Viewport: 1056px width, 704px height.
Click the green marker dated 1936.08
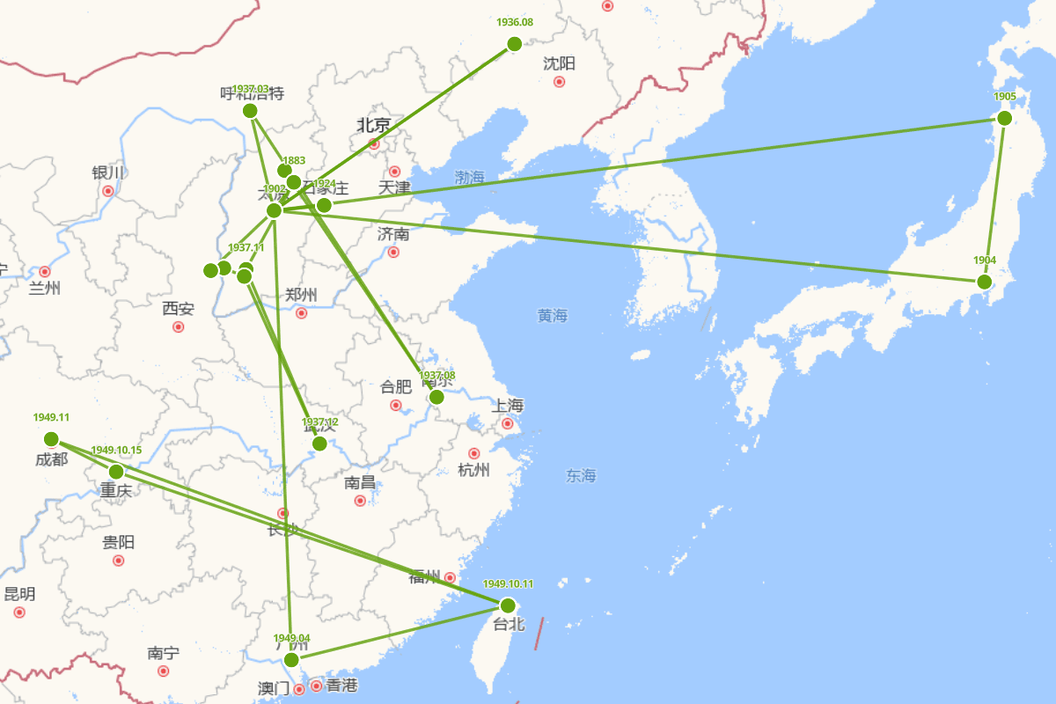tap(515, 44)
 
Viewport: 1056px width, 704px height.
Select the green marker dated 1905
tap(1004, 118)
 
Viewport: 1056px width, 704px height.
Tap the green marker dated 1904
tap(985, 282)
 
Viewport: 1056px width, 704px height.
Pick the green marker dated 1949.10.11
tap(508, 605)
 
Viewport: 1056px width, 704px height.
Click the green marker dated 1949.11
tap(51, 439)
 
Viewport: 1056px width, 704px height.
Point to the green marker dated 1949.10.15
tap(116, 472)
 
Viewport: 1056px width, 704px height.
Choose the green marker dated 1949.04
tap(291, 660)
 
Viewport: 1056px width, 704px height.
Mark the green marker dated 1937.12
tap(319, 444)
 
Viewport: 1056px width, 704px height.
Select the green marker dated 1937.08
tap(436, 398)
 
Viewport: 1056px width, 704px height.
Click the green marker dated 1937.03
tap(250, 111)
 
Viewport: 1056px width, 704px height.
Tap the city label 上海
tap(508, 406)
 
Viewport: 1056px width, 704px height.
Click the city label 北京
tap(373, 125)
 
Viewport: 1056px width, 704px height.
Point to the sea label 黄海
tap(553, 316)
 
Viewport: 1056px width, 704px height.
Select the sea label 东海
tap(581, 476)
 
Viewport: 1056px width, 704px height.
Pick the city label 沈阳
tap(559, 63)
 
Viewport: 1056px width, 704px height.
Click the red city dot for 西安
tap(179, 326)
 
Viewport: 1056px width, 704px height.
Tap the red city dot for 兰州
tap(45, 271)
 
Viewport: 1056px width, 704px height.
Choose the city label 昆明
tap(19, 594)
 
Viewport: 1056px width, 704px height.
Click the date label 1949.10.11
tap(508, 584)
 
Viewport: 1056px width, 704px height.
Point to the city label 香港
tap(342, 686)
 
